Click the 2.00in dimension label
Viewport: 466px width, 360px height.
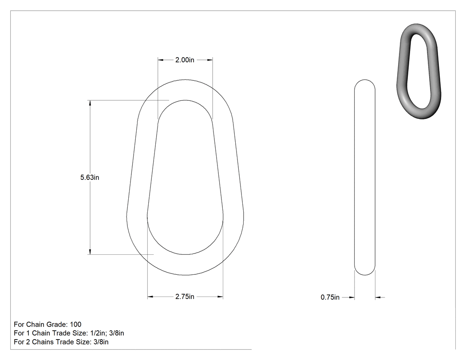coord(185,60)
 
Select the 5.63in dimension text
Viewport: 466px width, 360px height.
coord(90,178)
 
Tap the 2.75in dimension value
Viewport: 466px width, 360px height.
coord(185,297)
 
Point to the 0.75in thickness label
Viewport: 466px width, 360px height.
coord(330,297)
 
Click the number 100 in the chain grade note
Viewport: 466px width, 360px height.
coord(75,324)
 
